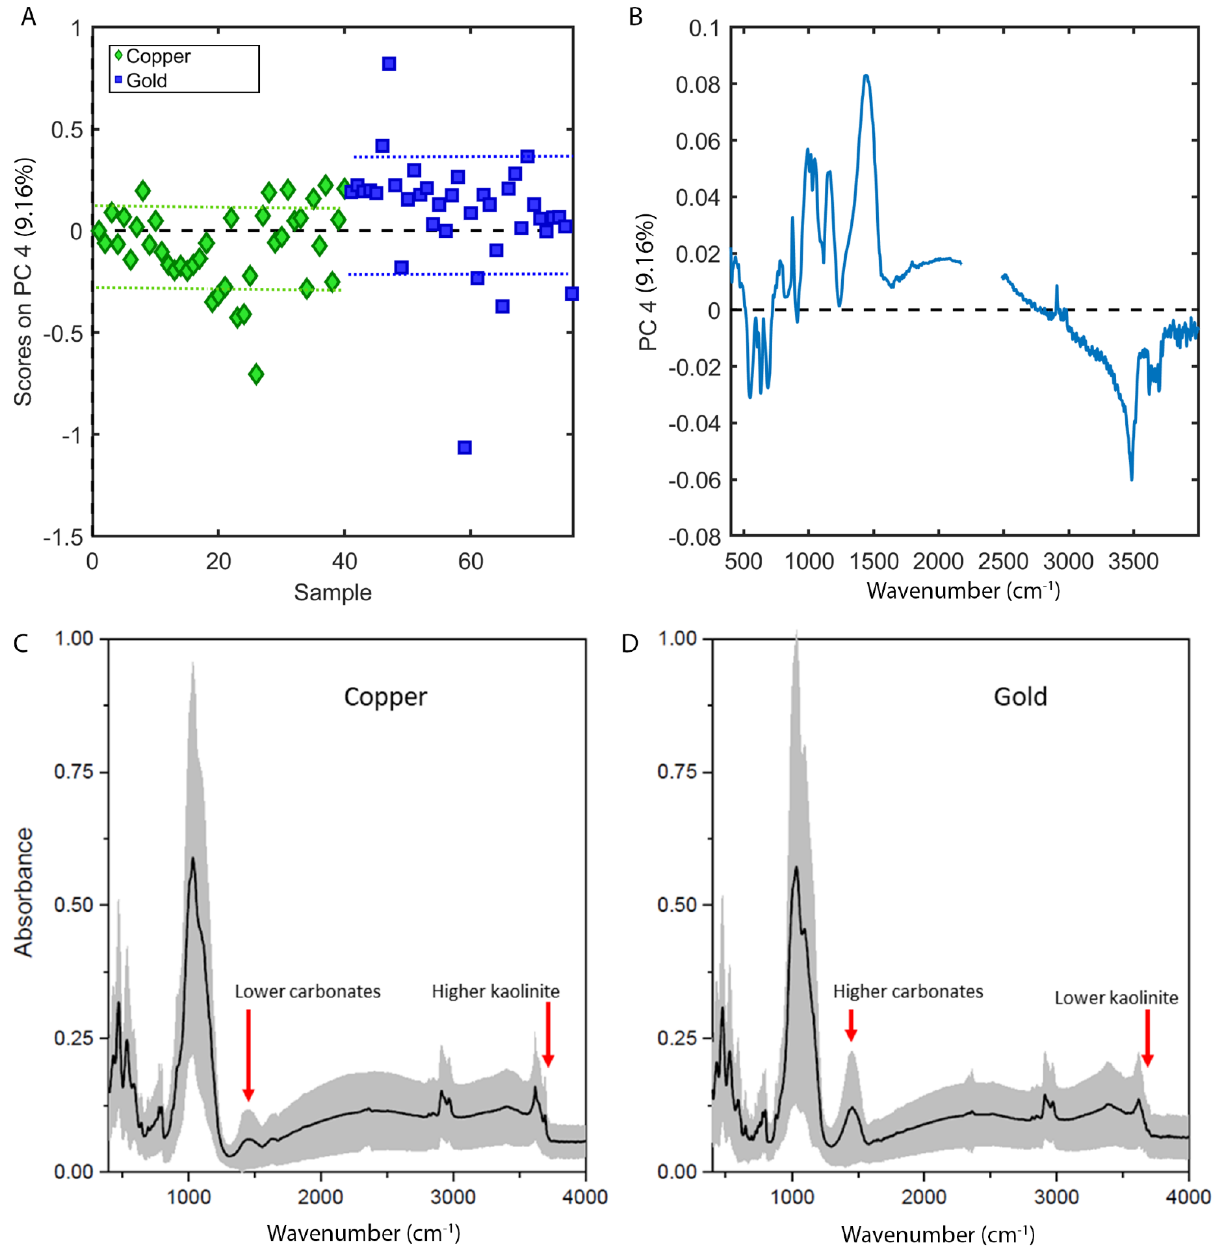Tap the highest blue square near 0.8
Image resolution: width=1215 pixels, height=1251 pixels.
click(389, 64)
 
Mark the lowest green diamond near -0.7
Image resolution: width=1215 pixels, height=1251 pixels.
click(256, 374)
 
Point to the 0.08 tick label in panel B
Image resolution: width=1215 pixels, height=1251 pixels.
click(698, 85)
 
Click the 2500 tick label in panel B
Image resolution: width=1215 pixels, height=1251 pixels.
click(1003, 562)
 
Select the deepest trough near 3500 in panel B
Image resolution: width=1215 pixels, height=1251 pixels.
click(1131, 479)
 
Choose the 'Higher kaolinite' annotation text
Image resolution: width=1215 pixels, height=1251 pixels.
click(495, 991)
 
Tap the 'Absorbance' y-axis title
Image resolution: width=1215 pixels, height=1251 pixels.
click(24, 892)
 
